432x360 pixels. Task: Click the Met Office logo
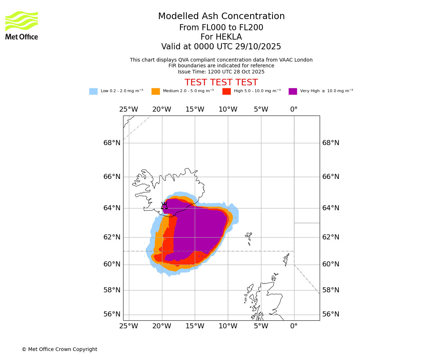click(x=22, y=25)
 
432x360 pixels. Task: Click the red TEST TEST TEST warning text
click(x=221, y=82)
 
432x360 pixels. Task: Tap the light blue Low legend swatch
click(x=93, y=91)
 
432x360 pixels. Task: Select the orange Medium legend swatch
click(x=156, y=91)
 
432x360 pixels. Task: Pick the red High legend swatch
click(x=226, y=91)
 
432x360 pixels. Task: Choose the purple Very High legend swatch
click(x=293, y=91)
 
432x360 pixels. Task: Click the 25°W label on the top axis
click(x=129, y=109)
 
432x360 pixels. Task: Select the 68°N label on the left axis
click(x=112, y=143)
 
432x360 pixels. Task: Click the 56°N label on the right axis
click(x=330, y=314)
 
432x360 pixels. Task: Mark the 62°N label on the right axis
click(x=330, y=237)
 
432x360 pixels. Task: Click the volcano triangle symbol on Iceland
click(x=164, y=206)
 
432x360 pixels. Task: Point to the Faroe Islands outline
click(x=249, y=237)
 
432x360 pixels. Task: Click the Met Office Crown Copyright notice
click(x=59, y=350)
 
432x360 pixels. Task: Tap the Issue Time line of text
click(x=221, y=72)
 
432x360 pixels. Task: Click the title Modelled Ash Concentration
click(x=221, y=16)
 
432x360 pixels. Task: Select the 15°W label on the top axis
click(x=195, y=109)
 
